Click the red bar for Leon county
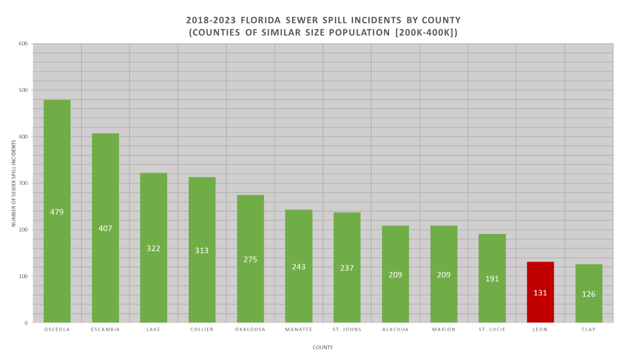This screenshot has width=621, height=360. pyautogui.click(x=540, y=281)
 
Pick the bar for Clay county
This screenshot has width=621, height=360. pyautogui.click(x=588, y=281)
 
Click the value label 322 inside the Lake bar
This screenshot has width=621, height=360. pyautogui.click(x=153, y=249)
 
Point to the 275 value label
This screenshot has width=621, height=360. pyautogui.click(x=250, y=260)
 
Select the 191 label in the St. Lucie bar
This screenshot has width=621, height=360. pyautogui.click(x=492, y=279)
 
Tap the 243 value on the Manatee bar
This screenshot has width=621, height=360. pyautogui.click(x=299, y=267)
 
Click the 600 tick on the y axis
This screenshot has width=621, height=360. pyautogui.click(x=23, y=44)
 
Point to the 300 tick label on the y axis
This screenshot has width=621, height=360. pyautogui.click(x=23, y=183)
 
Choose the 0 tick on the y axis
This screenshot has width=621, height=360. pyautogui.click(x=26, y=323)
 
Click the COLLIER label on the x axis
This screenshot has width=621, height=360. pyautogui.click(x=202, y=330)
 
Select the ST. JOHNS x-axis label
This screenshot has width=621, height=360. pyautogui.click(x=347, y=330)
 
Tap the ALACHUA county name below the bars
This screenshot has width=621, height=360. pyautogui.click(x=395, y=330)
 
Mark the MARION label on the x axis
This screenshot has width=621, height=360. pyautogui.click(x=443, y=330)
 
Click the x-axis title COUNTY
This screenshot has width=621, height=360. pyautogui.click(x=322, y=348)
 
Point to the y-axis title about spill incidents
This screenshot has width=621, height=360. pyautogui.click(x=14, y=183)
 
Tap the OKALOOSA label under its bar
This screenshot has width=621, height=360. pyautogui.click(x=250, y=330)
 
